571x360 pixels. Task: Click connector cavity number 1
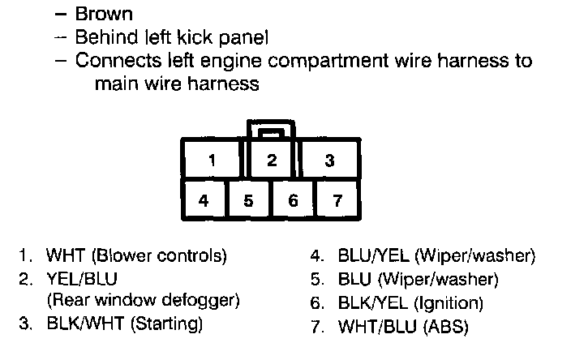212,160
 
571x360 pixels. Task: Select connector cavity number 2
272,160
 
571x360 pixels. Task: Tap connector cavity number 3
329,160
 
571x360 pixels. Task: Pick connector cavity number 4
203,199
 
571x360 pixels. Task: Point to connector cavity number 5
248,199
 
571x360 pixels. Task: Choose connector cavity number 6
293,199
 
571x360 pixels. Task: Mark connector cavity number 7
337,199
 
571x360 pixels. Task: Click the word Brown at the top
104,14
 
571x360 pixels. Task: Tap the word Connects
113,61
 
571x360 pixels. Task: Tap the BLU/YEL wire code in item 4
374,257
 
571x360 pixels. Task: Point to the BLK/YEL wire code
374,304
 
